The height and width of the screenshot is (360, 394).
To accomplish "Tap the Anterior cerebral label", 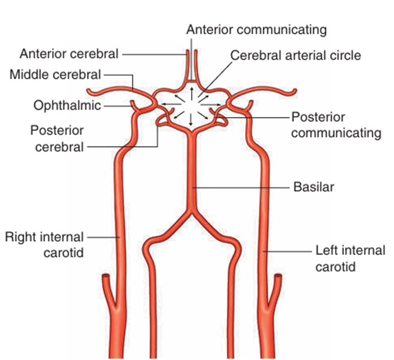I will click(68, 54).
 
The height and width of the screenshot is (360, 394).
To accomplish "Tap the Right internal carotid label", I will click(45, 244).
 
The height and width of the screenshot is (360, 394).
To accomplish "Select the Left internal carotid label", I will click(344, 259).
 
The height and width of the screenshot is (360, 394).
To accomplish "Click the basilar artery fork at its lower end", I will click(190, 211).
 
